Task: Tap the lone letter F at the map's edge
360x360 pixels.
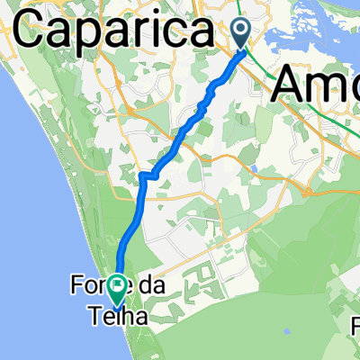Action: (x=354, y=321)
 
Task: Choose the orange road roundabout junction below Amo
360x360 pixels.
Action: (x=310, y=191)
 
